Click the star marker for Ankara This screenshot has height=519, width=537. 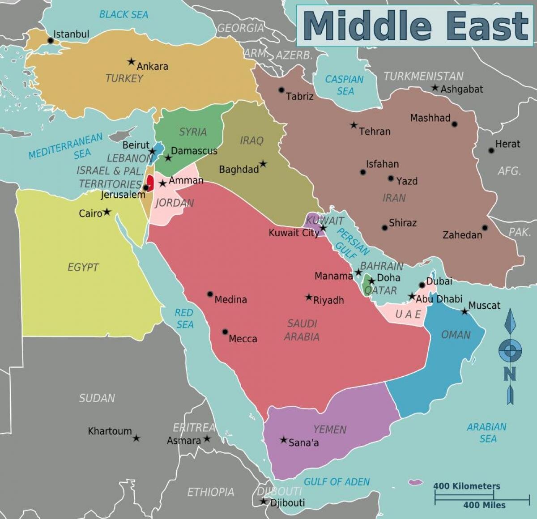[x=131, y=61]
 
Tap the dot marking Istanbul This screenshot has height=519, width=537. [x=51, y=41]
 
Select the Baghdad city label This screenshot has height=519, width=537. [x=239, y=170]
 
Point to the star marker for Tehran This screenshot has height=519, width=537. [x=354, y=125]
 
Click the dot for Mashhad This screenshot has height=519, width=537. [x=455, y=124]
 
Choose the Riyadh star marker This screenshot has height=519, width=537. [x=308, y=297]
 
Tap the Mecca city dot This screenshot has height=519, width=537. [x=225, y=332]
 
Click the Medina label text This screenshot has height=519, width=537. [x=230, y=300]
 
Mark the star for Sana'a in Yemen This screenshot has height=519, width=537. [x=283, y=440]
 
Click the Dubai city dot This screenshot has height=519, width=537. [x=422, y=285]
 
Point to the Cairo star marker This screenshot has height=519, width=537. [x=107, y=212]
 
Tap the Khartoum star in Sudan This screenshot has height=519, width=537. [x=136, y=438]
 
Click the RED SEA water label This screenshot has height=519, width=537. [x=184, y=318]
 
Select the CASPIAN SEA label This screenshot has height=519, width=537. [x=344, y=85]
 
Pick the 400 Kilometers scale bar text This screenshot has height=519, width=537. [x=466, y=486]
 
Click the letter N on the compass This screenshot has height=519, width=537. [x=510, y=374]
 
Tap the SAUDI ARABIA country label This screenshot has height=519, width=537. [x=302, y=330]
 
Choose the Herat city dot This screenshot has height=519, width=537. [x=491, y=151]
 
